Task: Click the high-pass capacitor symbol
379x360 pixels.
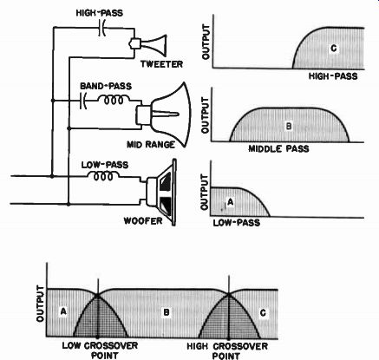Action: tap(101, 28)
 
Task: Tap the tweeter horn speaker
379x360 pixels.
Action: tap(148, 45)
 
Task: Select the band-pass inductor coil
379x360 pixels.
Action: tap(114, 100)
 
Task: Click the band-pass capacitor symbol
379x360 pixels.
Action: tap(83, 101)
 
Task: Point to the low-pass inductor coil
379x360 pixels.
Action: tap(103, 175)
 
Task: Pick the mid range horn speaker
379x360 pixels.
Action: tap(164, 115)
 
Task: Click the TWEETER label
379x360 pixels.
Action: tap(161, 64)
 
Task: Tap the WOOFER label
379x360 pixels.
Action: tap(143, 221)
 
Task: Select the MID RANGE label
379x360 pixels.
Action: tap(151, 144)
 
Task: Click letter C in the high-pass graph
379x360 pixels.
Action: tap(334, 49)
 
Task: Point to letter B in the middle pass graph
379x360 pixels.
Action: tap(289, 126)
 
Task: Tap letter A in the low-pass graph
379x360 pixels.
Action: tap(230, 202)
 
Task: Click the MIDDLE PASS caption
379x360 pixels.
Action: tap(278, 149)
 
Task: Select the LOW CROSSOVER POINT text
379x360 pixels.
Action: tap(100, 350)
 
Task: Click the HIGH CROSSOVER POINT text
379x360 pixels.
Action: tap(227, 350)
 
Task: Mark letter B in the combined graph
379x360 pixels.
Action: tap(167, 312)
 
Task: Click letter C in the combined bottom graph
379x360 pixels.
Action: tap(263, 313)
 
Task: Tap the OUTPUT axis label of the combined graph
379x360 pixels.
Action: tap(41, 304)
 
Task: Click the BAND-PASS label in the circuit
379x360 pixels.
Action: tap(106, 86)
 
